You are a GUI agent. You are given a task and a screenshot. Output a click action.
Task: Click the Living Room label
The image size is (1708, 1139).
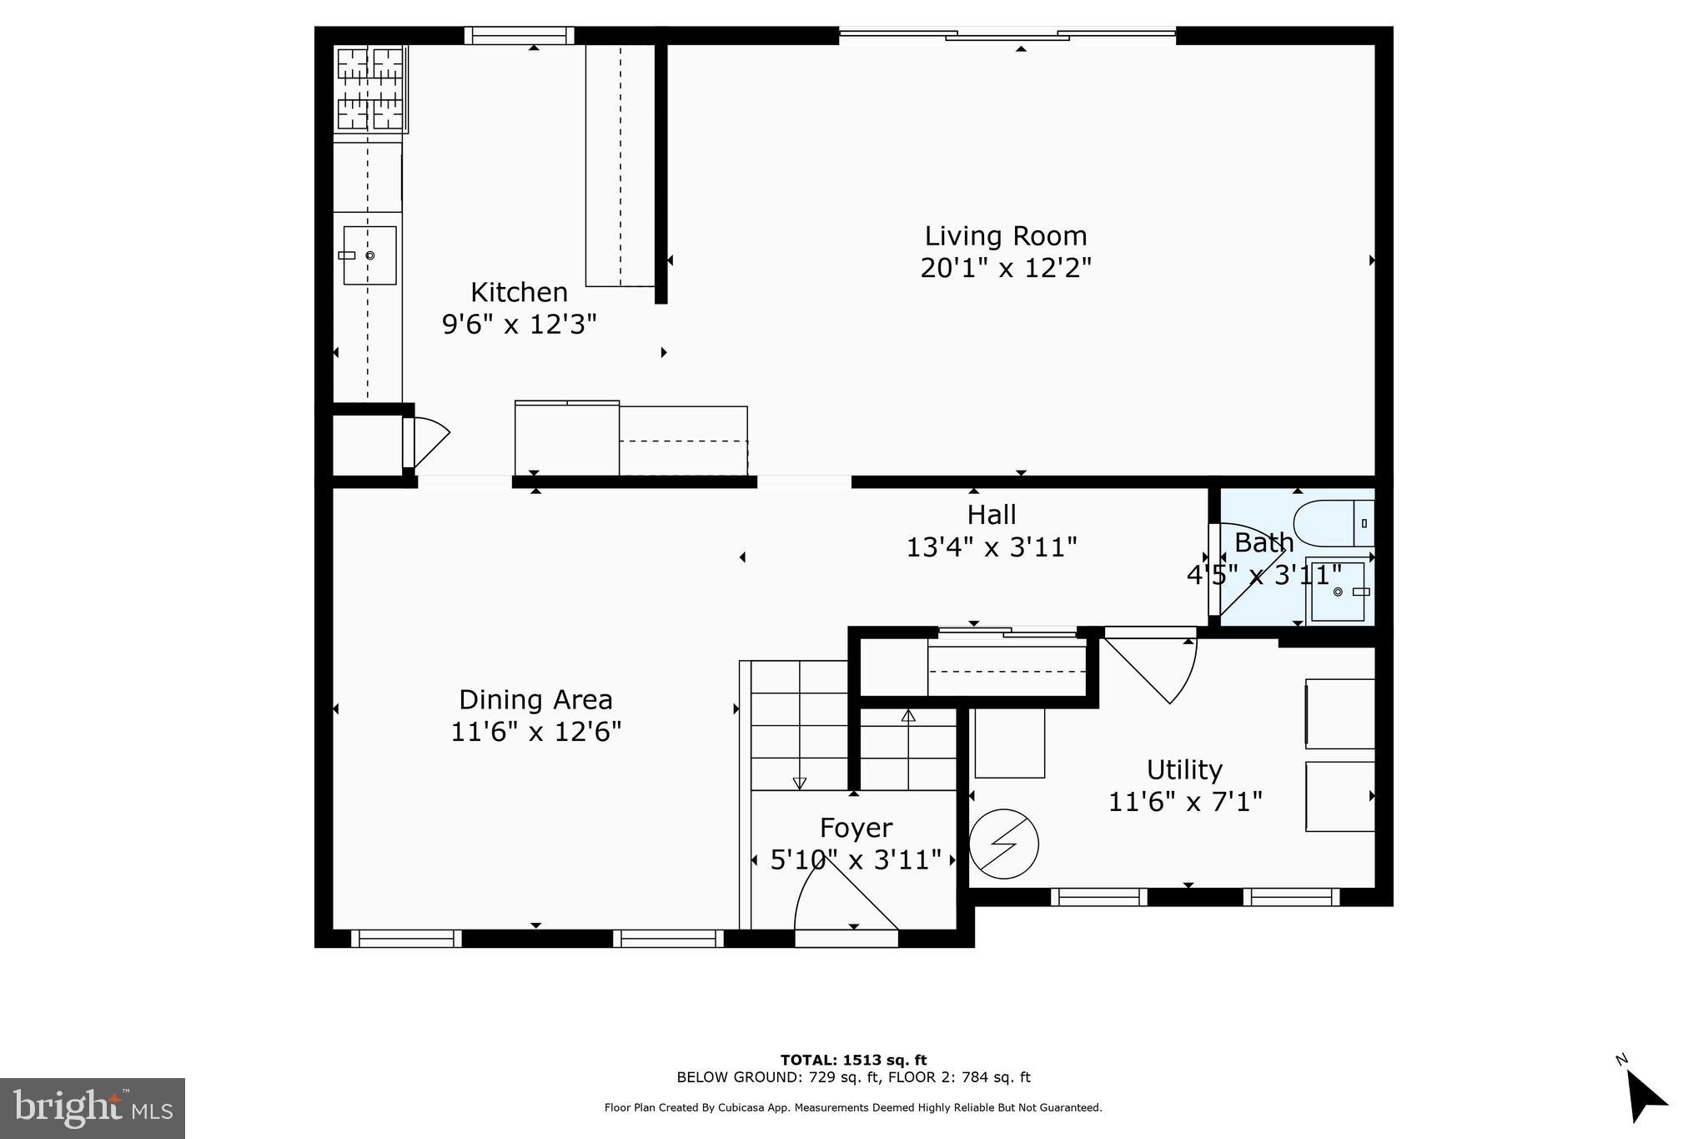1005,236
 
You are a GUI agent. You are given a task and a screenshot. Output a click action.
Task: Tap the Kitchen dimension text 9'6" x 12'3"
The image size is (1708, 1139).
519,324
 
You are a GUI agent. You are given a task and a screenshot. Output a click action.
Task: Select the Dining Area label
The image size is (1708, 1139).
535,699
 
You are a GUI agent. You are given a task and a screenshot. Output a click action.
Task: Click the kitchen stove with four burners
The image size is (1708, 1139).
370,88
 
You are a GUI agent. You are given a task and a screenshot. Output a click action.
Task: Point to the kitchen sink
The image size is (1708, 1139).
369,255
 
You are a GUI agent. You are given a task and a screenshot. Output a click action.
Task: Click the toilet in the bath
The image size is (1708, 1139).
1332,523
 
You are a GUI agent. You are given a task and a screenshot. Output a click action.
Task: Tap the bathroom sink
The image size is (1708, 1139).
1338,591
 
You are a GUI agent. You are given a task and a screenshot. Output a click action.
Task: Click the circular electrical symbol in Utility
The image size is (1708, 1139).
1004,844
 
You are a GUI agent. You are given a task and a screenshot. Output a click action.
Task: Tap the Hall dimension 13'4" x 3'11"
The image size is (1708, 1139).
991,547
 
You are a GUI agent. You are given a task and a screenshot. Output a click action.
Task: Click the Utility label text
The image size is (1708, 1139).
1183,769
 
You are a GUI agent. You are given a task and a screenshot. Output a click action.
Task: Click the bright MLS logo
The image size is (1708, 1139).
93,1108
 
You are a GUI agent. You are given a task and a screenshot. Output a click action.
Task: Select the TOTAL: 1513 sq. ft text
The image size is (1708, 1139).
852,1061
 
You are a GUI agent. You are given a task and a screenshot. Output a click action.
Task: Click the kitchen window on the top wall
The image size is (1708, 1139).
519,35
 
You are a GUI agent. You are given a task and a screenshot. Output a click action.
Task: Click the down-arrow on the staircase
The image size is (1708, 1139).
799,783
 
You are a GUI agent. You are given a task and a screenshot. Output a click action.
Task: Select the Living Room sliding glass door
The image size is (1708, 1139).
1007,34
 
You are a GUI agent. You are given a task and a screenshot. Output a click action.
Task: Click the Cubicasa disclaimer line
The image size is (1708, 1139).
852,1108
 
